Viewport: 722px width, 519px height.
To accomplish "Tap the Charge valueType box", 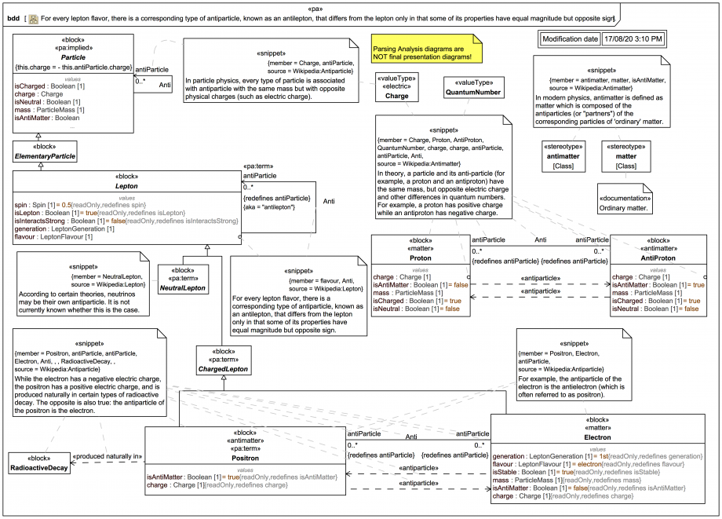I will [x=396, y=86].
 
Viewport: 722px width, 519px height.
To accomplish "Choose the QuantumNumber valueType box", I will [x=472, y=87].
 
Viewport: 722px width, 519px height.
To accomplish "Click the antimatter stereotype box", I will [x=563, y=155].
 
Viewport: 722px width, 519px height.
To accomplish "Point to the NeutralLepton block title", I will [x=183, y=288].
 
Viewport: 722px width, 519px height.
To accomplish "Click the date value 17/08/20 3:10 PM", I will [x=633, y=38].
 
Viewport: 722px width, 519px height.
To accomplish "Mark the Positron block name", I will [x=246, y=458].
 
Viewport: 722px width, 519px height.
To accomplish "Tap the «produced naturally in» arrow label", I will [x=107, y=456].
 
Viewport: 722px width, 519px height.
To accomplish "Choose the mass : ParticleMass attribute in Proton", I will [x=406, y=293].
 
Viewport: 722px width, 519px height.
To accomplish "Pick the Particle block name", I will [x=73, y=57].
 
